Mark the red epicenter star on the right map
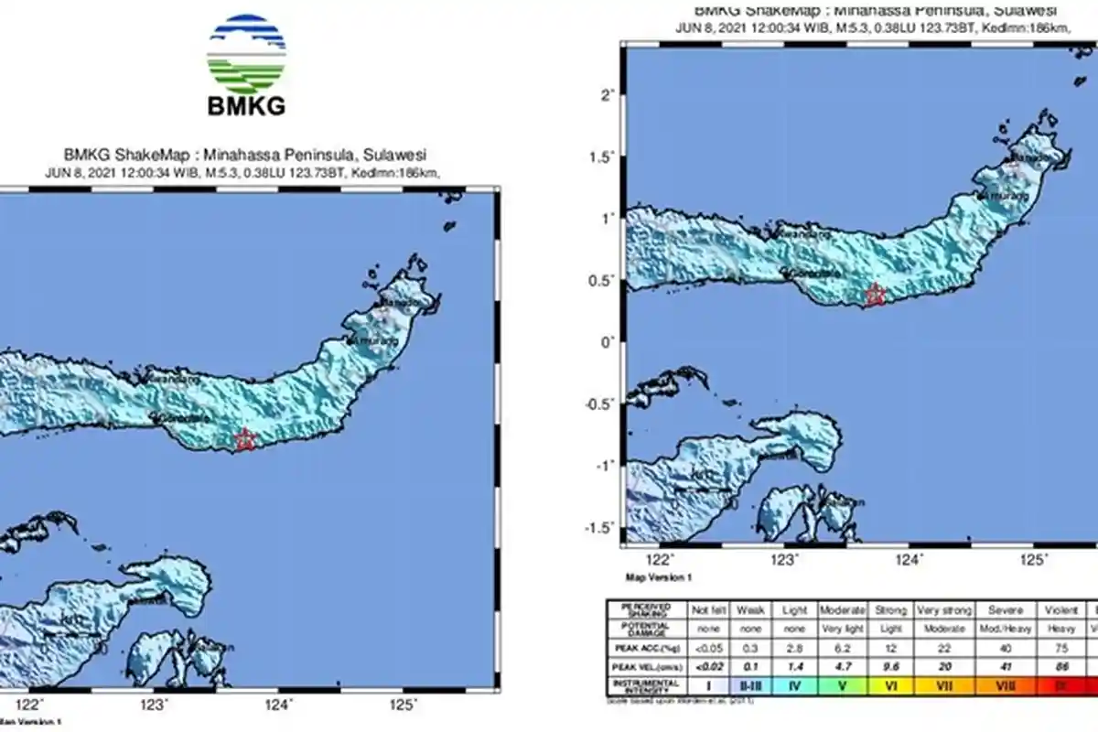click(x=876, y=295)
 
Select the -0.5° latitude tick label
click(x=597, y=404)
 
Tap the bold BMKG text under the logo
click(x=246, y=104)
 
